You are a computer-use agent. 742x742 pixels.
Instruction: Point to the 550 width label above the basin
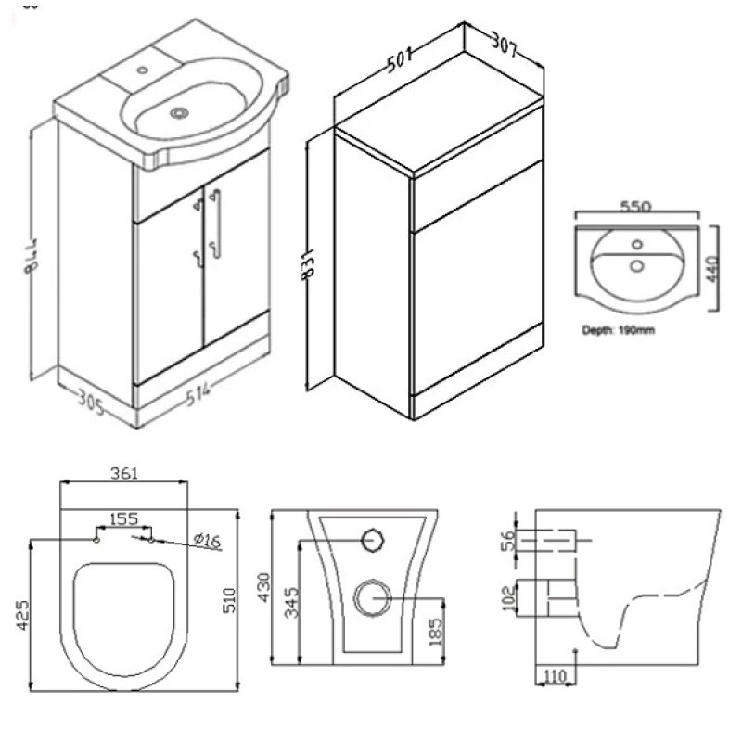coord(635,209)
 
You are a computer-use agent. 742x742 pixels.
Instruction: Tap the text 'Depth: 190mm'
coord(619,330)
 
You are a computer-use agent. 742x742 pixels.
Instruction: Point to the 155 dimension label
coord(125,519)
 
